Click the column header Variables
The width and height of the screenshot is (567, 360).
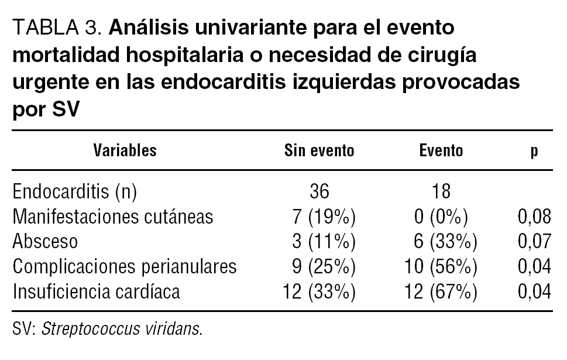pos(125,151)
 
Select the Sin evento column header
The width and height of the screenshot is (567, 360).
pos(319,151)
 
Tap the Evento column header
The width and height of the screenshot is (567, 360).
pos(441,151)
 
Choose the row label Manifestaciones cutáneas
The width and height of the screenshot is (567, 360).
pos(113,217)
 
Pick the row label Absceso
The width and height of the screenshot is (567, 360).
pos(45,242)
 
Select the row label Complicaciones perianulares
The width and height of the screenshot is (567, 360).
pos(124,266)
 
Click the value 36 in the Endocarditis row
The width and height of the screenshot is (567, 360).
pos(319,192)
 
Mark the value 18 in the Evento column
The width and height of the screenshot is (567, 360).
pos(441,192)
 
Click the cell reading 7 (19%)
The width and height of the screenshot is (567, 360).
pos(324,217)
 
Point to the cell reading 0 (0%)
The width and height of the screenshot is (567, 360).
pos(441,217)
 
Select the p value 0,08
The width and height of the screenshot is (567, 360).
pos(534,217)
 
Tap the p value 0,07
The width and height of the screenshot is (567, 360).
pos(534,242)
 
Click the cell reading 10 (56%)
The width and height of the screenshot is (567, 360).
pos(441,266)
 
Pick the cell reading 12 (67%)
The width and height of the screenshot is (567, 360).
pos(441,291)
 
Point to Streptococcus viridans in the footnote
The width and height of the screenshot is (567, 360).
pos(122,328)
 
